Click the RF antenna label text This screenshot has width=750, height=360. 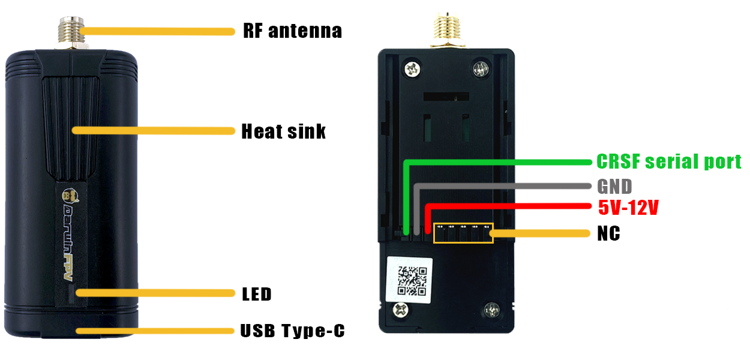point(292,31)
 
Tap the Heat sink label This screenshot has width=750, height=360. point(283,131)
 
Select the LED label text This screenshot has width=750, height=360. point(257,294)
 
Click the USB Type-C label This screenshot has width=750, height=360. point(292,331)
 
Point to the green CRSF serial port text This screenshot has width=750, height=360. point(669,161)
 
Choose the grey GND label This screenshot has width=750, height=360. point(614,186)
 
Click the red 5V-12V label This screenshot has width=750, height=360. point(628,208)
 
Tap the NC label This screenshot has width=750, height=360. point(608,233)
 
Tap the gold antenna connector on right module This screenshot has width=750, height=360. point(447,30)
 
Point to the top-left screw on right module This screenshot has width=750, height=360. point(412,68)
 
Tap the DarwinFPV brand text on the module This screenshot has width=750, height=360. point(70,243)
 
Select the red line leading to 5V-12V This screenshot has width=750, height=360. point(510,207)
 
